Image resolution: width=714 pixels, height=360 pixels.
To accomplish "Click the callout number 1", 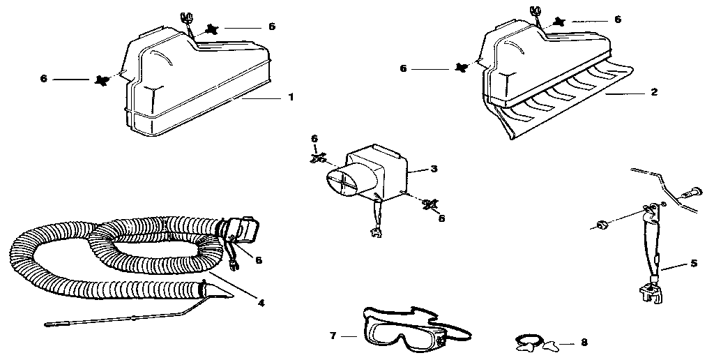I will coord(291,97).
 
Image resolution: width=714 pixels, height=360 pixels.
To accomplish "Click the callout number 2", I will coord(654,91).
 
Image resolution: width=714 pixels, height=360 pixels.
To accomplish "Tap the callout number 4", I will coord(261,303).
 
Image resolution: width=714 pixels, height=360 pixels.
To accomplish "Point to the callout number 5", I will coord(693,264).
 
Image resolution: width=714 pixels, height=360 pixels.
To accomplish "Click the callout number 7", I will coord(333,336).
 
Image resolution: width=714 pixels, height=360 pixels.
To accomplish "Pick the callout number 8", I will coord(584,343).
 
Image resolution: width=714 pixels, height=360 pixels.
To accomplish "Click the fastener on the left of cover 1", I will coord(101,80).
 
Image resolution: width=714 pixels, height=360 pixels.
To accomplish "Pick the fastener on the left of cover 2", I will coord(460,67).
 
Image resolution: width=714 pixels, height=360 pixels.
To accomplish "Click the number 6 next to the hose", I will coord(258,260).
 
